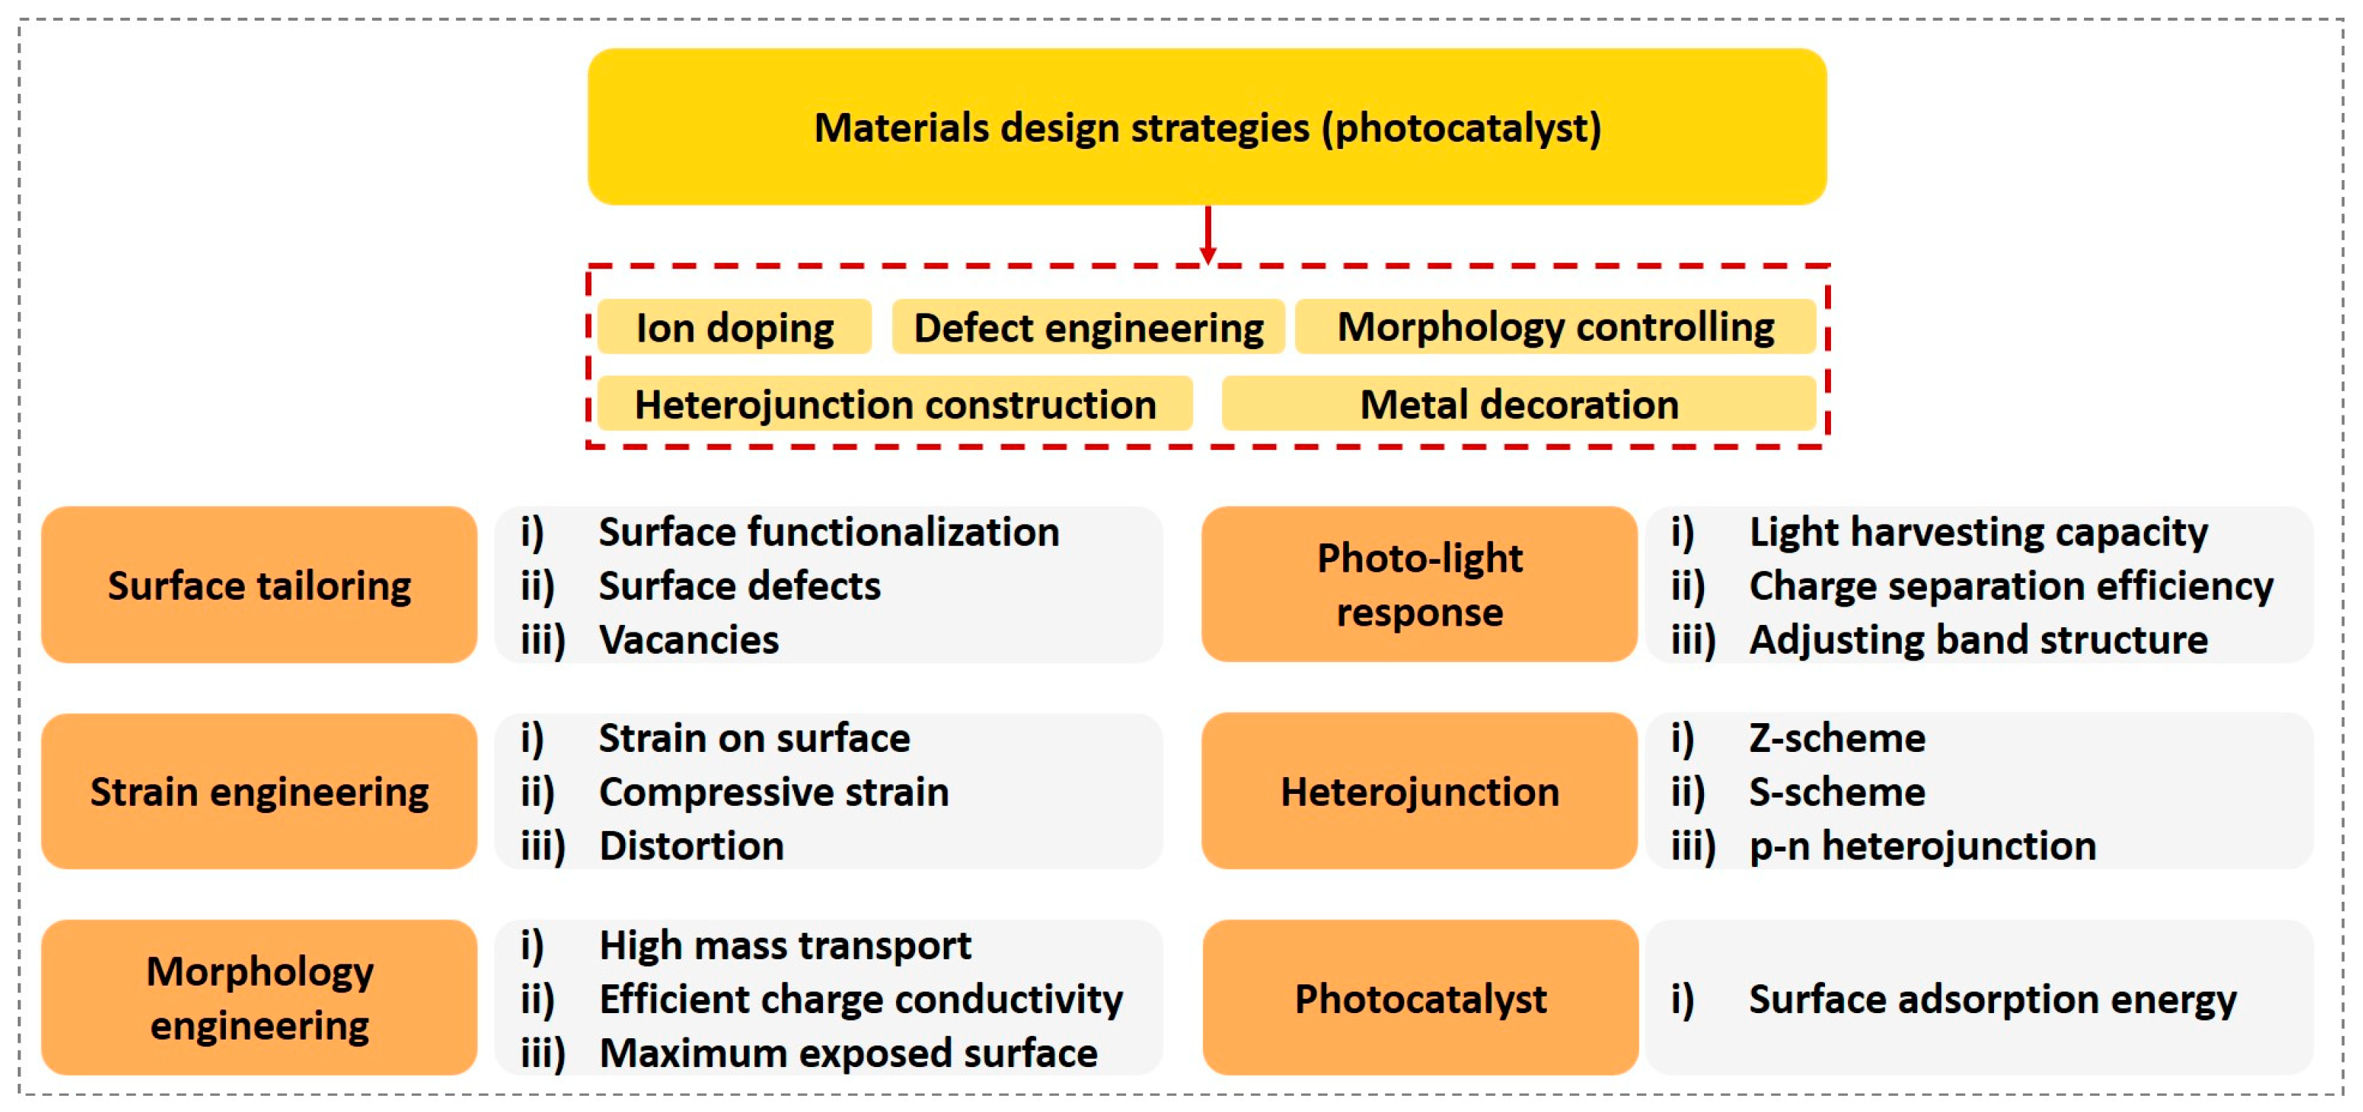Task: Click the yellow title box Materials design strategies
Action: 1207,127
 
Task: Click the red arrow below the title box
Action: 1208,235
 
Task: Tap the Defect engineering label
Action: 1088,328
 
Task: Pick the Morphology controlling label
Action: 1555,327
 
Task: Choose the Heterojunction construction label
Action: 894,404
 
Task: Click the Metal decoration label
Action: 1518,404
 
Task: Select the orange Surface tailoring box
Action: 259,584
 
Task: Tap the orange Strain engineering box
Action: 259,791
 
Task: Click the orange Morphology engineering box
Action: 259,998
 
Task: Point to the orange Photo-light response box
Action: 1419,584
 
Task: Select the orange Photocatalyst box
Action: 1420,998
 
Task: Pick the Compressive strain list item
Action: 773,792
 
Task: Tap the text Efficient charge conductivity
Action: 860,999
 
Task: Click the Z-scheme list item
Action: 1837,738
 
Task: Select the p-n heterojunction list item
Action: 1922,845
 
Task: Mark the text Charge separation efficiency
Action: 2011,585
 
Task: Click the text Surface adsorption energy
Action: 1993,999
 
